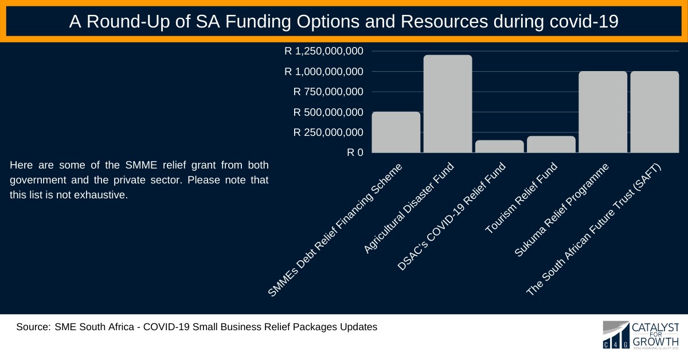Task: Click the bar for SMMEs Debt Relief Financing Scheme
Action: click(x=396, y=132)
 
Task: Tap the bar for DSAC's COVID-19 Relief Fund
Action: click(x=499, y=147)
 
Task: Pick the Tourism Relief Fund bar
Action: click(x=551, y=144)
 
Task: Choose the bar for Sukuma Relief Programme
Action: click(x=603, y=112)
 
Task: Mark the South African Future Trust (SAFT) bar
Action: click(x=654, y=112)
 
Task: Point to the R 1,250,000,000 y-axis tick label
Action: click(x=324, y=51)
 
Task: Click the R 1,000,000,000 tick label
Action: click(x=324, y=72)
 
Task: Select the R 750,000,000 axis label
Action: click(x=329, y=92)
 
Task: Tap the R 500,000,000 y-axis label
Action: click(x=329, y=112)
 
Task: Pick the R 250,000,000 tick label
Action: click(x=329, y=132)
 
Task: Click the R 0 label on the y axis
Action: click(x=355, y=153)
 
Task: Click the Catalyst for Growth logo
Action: click(x=640, y=335)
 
